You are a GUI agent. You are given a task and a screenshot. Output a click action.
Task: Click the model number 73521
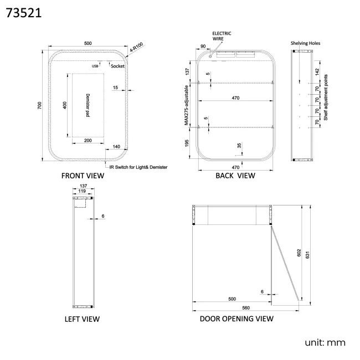tap(24, 13)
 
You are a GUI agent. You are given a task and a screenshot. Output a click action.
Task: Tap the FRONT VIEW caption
tap(83, 176)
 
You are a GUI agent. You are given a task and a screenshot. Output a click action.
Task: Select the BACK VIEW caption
tap(235, 176)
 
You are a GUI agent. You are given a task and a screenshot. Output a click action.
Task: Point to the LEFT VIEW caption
tap(82, 319)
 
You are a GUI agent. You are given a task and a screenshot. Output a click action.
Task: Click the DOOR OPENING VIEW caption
tap(236, 318)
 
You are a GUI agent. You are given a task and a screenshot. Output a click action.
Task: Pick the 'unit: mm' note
tap(325, 342)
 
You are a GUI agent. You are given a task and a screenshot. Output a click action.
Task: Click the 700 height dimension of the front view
tap(39, 105)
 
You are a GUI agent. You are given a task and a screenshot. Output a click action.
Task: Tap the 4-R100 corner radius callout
tap(137, 47)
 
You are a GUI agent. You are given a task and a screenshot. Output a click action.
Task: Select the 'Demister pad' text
tap(88, 105)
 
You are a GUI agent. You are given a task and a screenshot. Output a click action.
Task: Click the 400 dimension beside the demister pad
tap(65, 105)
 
